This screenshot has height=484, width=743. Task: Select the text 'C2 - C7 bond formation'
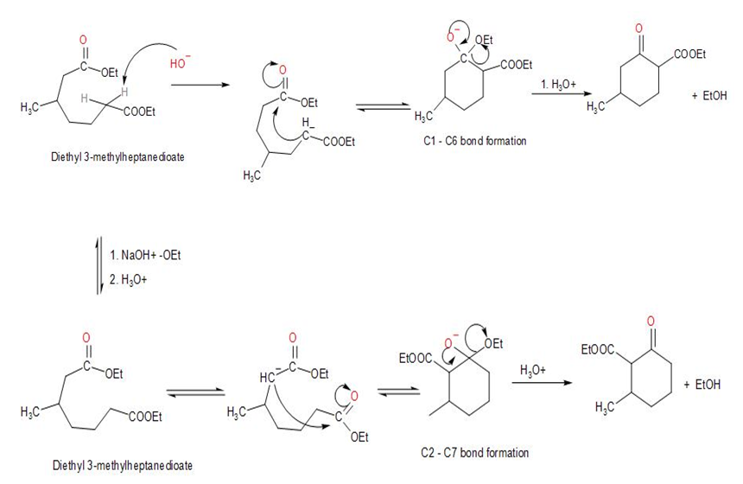click(478, 452)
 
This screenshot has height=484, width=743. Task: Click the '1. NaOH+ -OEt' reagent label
click(147, 257)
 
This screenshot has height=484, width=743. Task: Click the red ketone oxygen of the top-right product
click(638, 29)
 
